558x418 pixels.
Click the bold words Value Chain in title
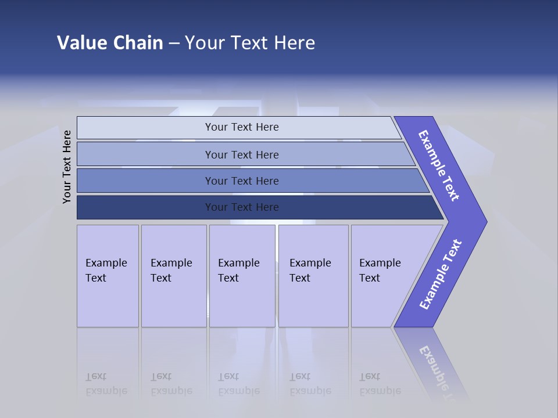point(110,43)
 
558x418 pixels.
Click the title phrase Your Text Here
point(250,43)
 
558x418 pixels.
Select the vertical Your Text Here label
point(67,167)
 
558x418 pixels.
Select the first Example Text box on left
point(108,276)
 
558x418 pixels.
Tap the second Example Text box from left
point(174,276)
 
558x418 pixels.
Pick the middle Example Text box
point(242,276)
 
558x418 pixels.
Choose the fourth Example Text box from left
point(313,276)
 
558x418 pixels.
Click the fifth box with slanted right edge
point(384,276)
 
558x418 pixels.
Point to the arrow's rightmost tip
point(485,222)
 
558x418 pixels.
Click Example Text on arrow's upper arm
point(439,165)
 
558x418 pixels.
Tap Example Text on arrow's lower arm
point(441,275)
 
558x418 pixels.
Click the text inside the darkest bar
point(242,207)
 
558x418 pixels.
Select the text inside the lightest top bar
point(242,127)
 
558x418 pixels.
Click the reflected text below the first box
point(106,384)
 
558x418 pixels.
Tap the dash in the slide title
point(174,44)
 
